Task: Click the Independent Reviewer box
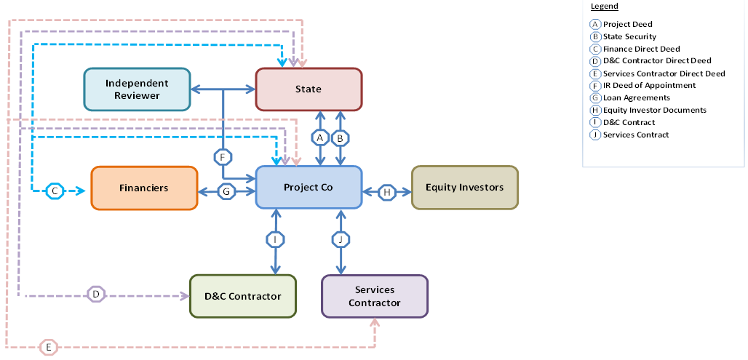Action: tap(137, 89)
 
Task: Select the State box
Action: tap(309, 89)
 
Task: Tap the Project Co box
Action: tap(309, 188)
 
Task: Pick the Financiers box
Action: tap(144, 188)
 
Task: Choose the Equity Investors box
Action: tap(464, 188)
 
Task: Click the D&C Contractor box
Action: tap(242, 296)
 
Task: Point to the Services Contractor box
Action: tap(375, 296)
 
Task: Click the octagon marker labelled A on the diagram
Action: tap(319, 137)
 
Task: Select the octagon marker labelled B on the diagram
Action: tap(340, 137)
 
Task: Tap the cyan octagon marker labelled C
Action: tap(55, 191)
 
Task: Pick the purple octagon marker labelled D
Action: tap(96, 295)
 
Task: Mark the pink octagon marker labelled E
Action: tap(48, 348)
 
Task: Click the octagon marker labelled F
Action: tap(223, 156)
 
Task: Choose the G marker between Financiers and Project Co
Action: tap(227, 192)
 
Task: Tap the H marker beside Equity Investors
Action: tap(387, 192)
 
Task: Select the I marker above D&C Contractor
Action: tap(275, 239)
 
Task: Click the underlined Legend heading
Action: tap(604, 7)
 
